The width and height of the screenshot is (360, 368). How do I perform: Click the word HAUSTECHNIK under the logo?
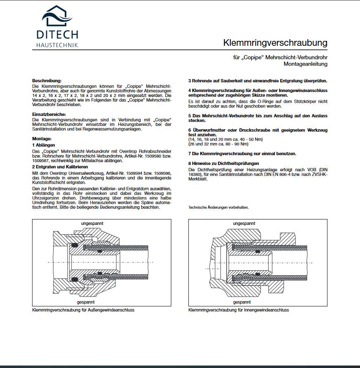(57, 45)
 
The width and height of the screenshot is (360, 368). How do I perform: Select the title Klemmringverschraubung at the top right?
(275, 42)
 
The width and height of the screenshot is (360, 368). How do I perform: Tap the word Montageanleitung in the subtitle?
(305, 64)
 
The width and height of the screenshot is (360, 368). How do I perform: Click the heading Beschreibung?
(47, 80)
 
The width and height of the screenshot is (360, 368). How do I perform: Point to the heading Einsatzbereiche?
(49, 114)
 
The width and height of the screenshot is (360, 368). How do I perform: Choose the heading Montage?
(42, 139)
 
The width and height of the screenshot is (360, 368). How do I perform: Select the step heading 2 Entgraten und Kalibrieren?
(60, 167)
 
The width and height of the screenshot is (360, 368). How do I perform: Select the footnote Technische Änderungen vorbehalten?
(218, 208)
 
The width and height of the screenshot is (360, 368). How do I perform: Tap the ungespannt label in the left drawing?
(92, 223)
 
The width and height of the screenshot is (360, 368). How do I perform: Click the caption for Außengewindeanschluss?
(83, 310)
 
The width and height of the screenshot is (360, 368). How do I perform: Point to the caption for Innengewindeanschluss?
(238, 310)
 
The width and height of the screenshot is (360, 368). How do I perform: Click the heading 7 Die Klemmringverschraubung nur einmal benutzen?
(242, 153)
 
